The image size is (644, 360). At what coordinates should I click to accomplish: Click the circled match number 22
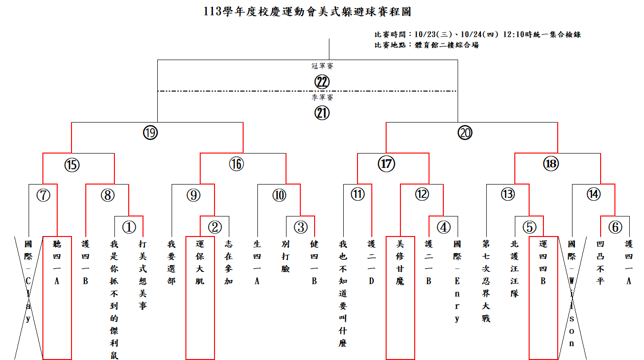coord(322,82)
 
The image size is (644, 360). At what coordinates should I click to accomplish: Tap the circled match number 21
coord(322,113)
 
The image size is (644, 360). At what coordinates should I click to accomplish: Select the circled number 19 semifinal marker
coord(150,133)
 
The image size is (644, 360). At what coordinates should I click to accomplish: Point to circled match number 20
coord(465,133)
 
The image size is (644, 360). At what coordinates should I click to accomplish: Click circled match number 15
coord(72,165)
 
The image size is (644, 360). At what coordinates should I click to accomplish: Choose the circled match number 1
coord(129,227)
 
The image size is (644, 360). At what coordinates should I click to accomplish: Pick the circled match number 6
coord(615,227)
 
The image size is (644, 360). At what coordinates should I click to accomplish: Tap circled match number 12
coord(422,194)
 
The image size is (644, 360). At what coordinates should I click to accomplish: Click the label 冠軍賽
coord(322,66)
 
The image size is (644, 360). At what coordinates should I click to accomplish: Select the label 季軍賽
coord(322,97)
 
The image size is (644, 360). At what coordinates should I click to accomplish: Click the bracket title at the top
coord(307,11)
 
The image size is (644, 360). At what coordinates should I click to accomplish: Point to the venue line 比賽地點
coord(427,45)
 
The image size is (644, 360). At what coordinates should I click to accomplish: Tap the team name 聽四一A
coord(57,263)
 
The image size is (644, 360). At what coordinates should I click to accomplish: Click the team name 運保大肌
coord(200,263)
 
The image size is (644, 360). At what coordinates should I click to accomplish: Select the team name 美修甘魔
coord(400,263)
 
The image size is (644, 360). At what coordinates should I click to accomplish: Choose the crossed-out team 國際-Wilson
coord(572,294)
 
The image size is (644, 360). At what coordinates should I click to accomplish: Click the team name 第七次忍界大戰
coord(486,281)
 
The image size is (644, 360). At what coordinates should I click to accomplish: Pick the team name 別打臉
coord(286,257)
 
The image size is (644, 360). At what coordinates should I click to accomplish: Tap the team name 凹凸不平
coord(600,263)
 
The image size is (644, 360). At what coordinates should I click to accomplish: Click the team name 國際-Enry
coord(457,281)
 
